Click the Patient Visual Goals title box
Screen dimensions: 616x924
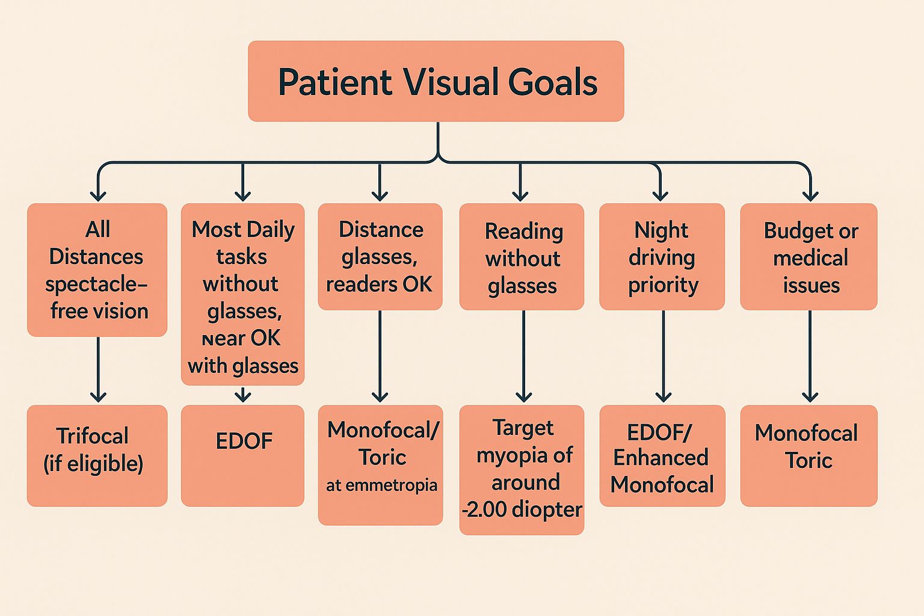[436, 81]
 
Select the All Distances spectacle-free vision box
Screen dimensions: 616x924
[97, 269]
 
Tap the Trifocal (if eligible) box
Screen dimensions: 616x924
[97, 455]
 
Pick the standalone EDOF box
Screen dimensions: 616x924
[242, 455]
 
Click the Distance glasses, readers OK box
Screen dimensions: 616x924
[380, 257]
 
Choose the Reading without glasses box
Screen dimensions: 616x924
[522, 257]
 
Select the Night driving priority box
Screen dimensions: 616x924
[662, 257]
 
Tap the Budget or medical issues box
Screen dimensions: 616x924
[808, 257]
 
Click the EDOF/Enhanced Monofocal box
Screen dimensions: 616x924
[662, 455]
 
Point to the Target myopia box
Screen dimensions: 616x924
[522, 469]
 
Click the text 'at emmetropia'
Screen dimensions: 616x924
[381, 485]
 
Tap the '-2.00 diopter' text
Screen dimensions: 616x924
[522, 510]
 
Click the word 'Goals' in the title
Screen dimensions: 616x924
[553, 82]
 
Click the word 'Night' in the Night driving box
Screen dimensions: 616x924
[661, 230]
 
